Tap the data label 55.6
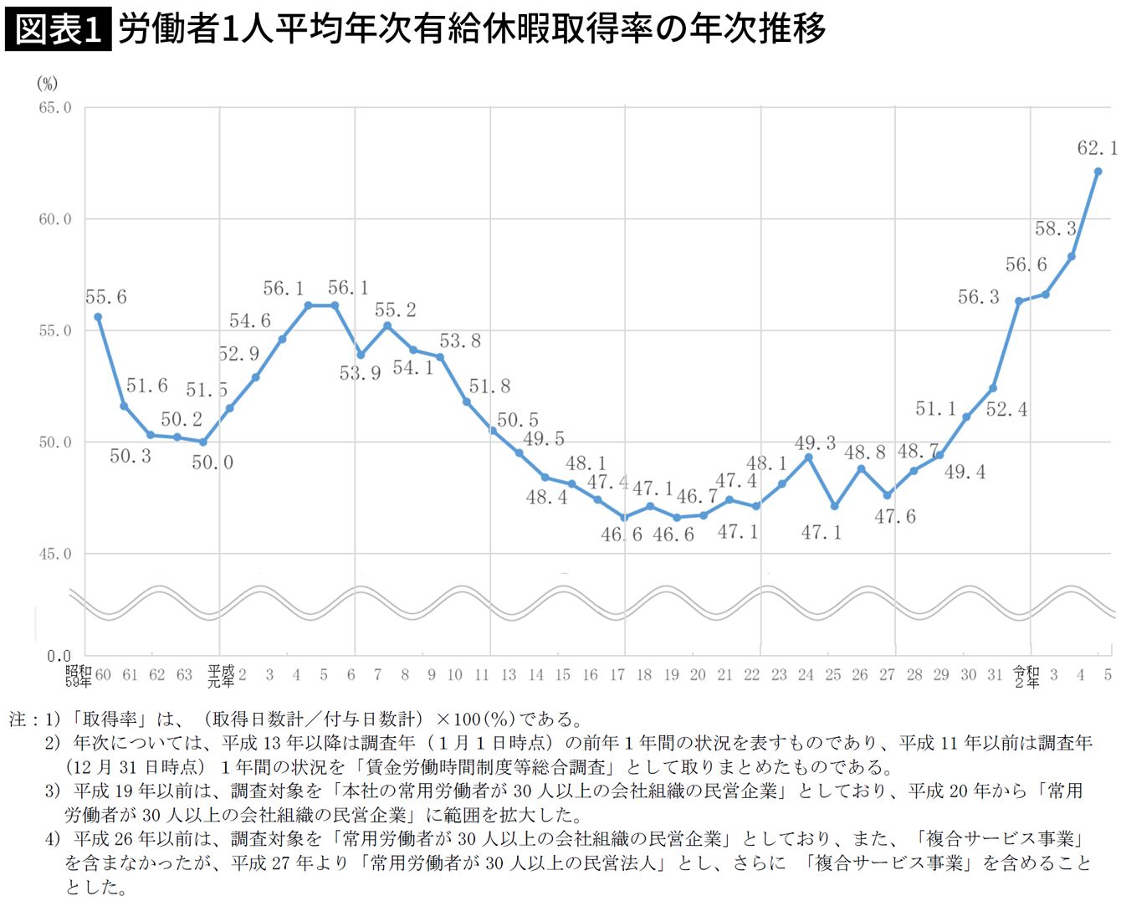[x=106, y=297]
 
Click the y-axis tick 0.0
[x=59, y=656]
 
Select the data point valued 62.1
[x=1098, y=171]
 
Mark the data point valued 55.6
[x=98, y=317]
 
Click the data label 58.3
[x=1055, y=228]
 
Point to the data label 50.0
[x=212, y=463]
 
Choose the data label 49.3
[x=816, y=443]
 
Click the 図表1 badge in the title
[x=58, y=29]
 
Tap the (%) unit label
[x=48, y=83]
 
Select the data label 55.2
[x=395, y=310]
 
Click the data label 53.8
[x=460, y=340]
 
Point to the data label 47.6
[x=895, y=517]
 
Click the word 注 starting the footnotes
[x=18, y=719]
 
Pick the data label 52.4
[x=1006, y=409]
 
